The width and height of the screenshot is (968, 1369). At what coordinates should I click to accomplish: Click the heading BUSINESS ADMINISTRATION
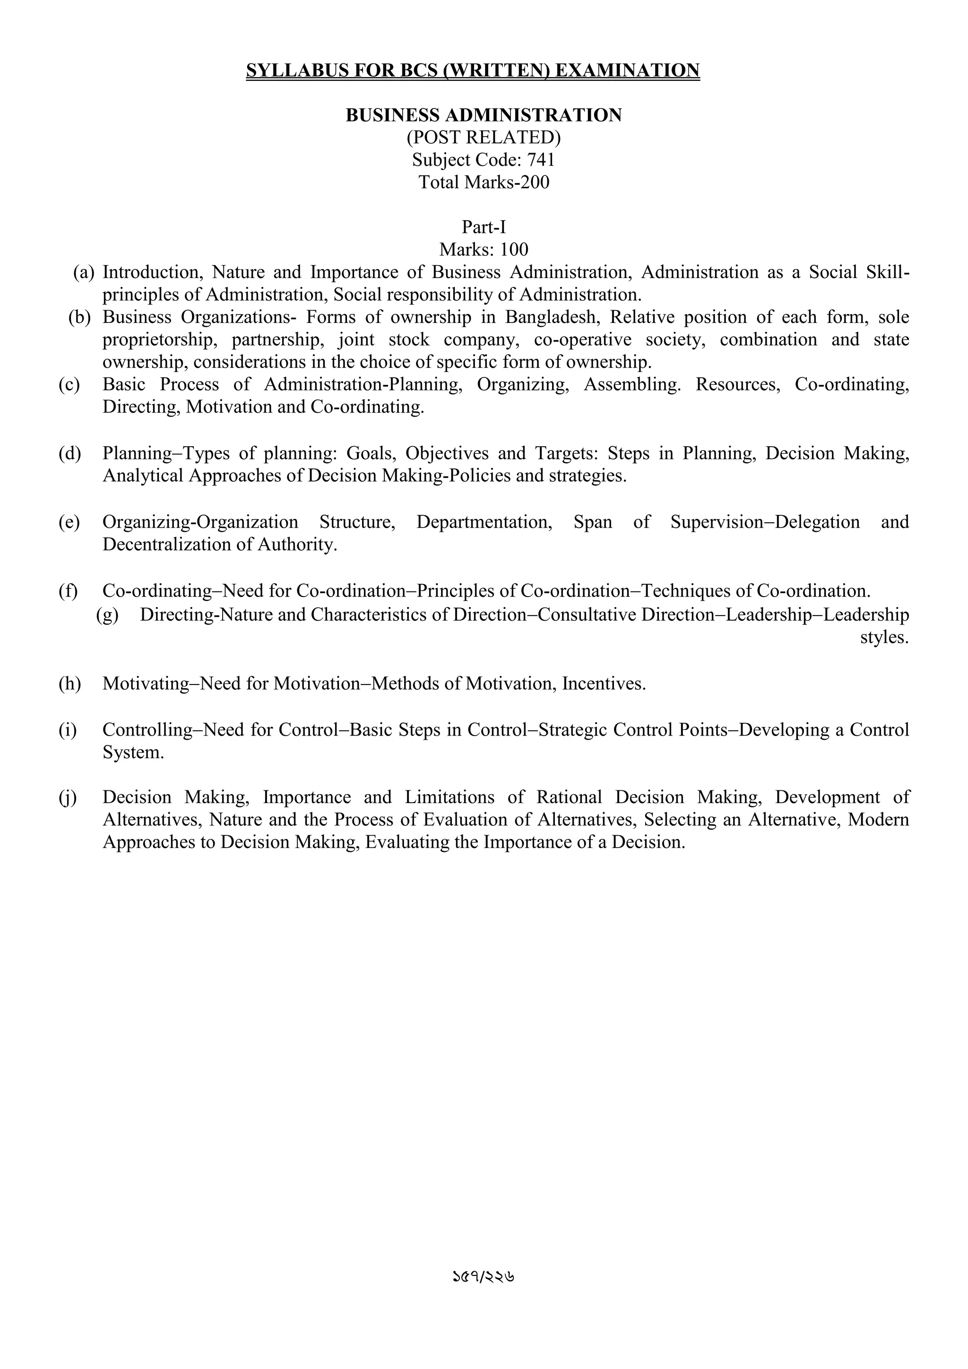[484, 115]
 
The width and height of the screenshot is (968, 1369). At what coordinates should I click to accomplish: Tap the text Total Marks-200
[484, 182]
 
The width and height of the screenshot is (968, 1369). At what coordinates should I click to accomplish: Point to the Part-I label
[484, 227]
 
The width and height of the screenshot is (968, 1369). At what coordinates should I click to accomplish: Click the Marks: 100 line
[484, 249]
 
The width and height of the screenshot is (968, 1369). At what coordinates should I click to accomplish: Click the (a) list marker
[84, 272]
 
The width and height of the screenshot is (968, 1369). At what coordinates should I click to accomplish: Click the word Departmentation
[484, 522]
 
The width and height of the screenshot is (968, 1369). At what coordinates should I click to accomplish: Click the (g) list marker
[107, 615]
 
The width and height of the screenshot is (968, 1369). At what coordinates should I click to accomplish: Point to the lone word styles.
[884, 637]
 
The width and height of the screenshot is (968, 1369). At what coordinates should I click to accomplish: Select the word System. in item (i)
[133, 753]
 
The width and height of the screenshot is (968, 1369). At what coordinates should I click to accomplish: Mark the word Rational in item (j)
[569, 797]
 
